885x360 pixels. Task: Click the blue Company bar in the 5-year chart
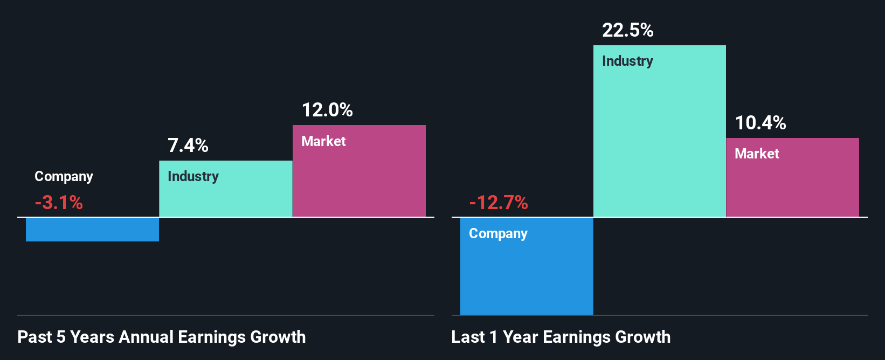point(92,230)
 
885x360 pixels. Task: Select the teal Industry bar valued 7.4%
point(225,194)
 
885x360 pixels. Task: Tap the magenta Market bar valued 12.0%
point(359,178)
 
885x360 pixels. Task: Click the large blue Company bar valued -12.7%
point(527,275)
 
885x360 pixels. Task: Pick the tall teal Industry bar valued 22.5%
point(659,140)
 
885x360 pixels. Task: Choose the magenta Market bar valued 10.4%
point(792,183)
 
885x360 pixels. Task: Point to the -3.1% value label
point(59,203)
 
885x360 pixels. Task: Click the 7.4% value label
point(188,146)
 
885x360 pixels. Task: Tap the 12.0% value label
point(327,110)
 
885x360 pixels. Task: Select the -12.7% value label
point(499,203)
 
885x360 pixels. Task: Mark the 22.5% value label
point(627,30)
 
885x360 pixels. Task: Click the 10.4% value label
point(760,123)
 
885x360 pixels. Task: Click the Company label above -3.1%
point(64,176)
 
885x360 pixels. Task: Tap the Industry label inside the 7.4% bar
point(193,176)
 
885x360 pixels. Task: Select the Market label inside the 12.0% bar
point(323,141)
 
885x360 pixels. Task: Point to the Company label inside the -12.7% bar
point(498,233)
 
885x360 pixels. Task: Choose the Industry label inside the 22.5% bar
point(627,61)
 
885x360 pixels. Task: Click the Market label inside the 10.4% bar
point(757,154)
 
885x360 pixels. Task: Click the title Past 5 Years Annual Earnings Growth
point(161,337)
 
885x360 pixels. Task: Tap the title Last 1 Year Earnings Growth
point(561,337)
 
